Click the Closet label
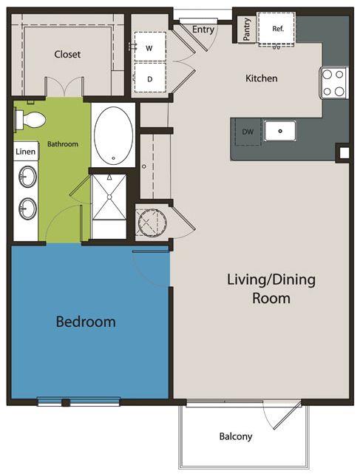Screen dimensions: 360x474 (x=67, y=55)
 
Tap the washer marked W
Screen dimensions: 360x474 (x=150, y=47)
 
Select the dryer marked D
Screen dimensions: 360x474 (x=150, y=78)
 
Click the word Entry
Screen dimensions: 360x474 (x=203, y=30)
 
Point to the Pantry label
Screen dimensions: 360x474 (x=247, y=29)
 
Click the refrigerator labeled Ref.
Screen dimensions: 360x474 (x=276, y=29)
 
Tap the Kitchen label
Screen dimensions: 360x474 (x=262, y=78)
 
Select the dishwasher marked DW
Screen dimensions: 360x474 (x=248, y=132)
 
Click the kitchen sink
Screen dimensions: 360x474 (x=280, y=131)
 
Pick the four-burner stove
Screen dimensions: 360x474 (x=333, y=83)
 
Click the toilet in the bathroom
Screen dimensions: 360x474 (x=30, y=119)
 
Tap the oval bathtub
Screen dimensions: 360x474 (x=113, y=135)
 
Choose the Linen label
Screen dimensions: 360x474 (x=26, y=152)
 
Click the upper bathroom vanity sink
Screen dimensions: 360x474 (x=27, y=177)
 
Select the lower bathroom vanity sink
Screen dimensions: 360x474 (x=27, y=209)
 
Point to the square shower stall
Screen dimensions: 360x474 (x=109, y=197)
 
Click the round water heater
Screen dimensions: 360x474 (x=152, y=222)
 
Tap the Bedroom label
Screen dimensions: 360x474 (x=86, y=322)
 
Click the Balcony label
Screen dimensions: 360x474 (x=236, y=436)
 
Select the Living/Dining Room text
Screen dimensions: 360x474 (x=271, y=288)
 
